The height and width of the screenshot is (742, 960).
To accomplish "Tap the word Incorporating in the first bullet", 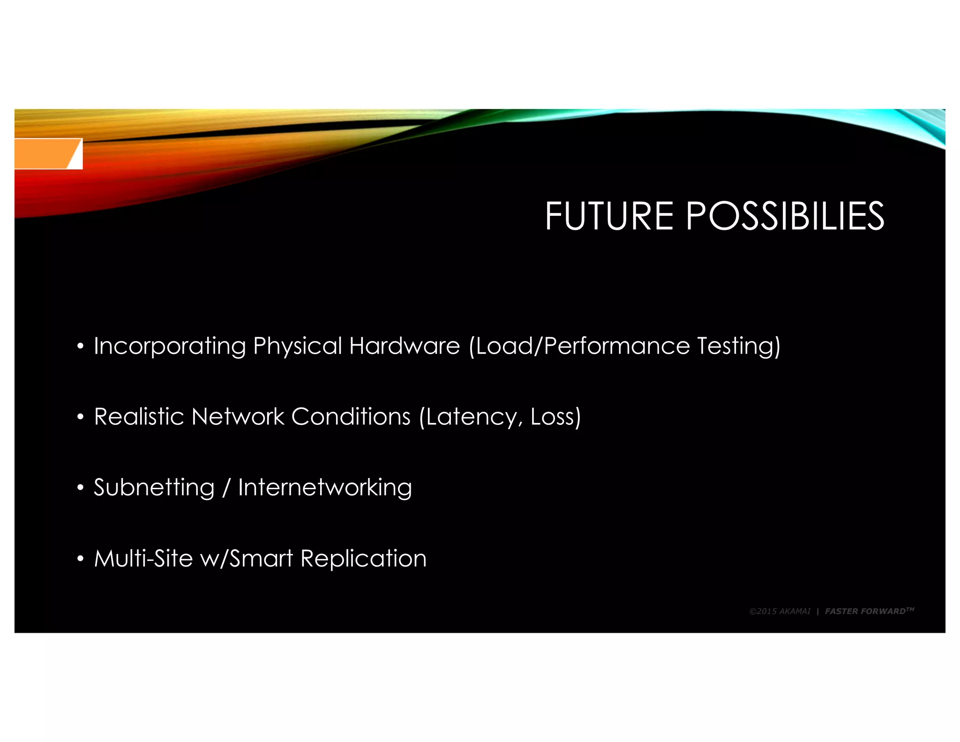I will [170, 346].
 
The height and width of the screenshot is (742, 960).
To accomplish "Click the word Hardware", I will [404, 346].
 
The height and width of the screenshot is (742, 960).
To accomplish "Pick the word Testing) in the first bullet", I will [739, 346].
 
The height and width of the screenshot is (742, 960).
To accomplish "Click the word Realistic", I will [139, 416].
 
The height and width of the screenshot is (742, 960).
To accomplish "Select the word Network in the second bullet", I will [238, 416].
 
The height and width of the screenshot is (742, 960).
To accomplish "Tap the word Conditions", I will [351, 416].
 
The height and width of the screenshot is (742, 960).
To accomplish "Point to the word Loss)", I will [555, 416].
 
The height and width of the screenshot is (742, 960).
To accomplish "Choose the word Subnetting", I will [154, 488].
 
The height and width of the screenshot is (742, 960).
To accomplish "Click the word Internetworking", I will [325, 488].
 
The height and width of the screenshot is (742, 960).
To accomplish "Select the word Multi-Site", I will [143, 559].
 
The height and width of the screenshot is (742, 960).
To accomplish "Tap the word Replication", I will [363, 559].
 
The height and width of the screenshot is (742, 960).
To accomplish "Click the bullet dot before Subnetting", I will [80, 488].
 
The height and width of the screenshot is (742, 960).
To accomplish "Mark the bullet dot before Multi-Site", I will [80, 559].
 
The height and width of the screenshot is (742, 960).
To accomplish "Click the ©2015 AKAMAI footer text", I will [780, 611].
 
